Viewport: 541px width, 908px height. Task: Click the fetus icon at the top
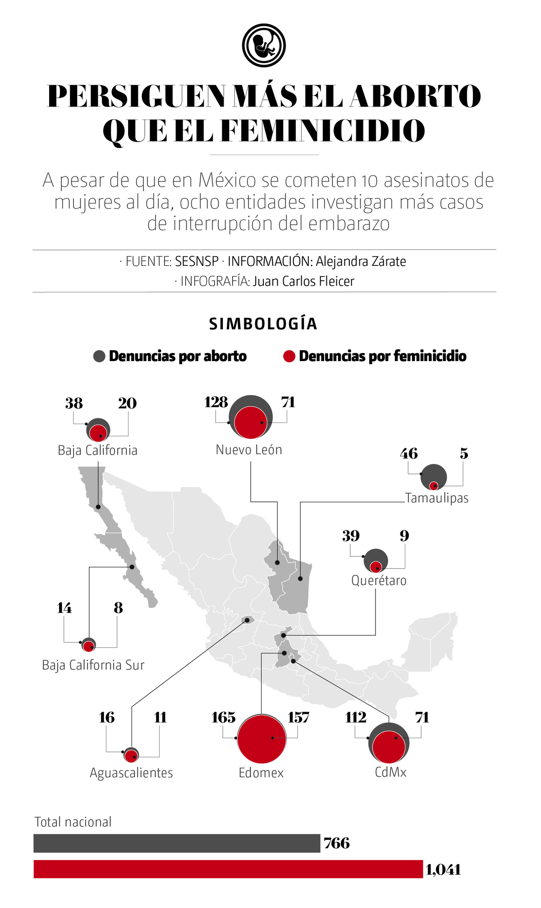pos(264,46)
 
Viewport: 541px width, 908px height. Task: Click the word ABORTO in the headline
pos(415,96)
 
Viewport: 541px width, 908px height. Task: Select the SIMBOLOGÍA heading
pos(263,324)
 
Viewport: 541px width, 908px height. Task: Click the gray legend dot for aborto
pos(99,356)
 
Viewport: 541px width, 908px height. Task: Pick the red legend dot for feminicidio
pos(289,356)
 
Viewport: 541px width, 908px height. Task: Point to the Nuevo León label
pos(249,450)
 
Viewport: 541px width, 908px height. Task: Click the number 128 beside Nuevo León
pos(216,403)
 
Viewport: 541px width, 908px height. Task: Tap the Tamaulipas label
pos(437,498)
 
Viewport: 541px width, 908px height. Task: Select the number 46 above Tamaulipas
pos(409,454)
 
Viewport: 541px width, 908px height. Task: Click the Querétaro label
pos(379,580)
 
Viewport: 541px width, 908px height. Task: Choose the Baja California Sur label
pos(93,665)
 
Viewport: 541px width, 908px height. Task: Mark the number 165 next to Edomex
pos(224,718)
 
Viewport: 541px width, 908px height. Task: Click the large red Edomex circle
pos(261,739)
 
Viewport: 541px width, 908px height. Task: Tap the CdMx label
pos(390,772)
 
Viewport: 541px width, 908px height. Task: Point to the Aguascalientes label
pos(131,773)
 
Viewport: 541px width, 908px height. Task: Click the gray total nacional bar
pos(177,843)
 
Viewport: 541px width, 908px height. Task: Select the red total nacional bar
pos(228,869)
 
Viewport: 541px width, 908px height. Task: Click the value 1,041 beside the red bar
pos(443,870)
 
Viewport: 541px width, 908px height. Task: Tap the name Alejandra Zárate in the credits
pos(361,261)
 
